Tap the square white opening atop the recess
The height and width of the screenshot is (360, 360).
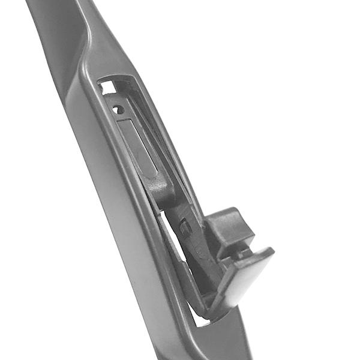click(108, 88)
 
